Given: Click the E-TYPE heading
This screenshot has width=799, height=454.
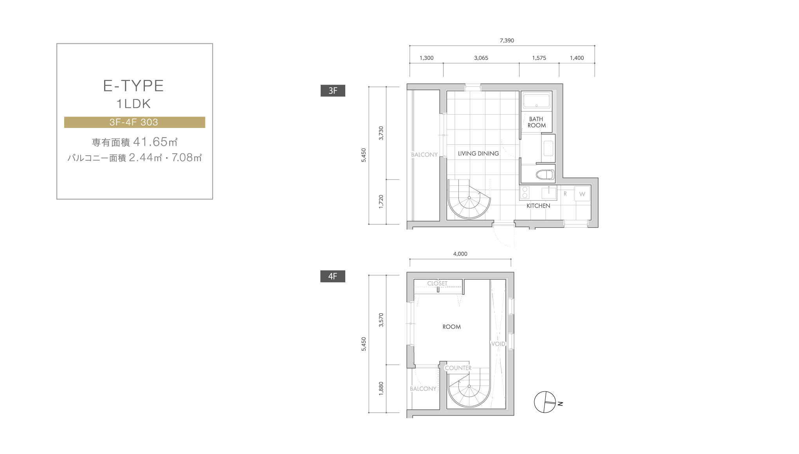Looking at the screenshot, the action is [133, 86].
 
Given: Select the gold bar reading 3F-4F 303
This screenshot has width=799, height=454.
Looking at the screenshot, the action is [135, 122].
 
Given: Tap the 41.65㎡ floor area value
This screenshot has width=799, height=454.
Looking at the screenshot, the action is [155, 142].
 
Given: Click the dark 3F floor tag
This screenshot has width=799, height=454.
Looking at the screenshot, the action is [333, 91].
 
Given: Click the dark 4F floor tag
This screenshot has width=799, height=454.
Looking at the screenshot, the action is [333, 276].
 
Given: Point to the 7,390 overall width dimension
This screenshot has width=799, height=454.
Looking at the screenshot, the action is [507, 40].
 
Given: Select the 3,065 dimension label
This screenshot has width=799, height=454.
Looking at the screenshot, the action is [481, 58].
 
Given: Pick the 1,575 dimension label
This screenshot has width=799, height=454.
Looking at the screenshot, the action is [539, 58].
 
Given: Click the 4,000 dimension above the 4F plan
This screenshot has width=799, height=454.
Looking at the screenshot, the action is [460, 254].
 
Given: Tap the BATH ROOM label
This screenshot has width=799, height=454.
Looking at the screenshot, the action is [536, 122].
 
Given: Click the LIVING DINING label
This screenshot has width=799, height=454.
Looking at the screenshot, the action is [478, 154].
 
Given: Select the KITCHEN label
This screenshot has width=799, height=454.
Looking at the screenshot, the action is [538, 206].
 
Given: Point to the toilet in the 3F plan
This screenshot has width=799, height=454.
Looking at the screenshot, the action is [545, 174].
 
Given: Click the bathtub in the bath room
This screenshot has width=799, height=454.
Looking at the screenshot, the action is [537, 101].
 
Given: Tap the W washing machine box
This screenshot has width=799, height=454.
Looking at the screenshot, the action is [582, 194].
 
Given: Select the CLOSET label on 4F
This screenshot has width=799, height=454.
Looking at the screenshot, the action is [437, 283].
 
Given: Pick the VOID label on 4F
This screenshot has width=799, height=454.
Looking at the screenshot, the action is [498, 344].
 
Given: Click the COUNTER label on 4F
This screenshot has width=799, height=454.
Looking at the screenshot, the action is [458, 368].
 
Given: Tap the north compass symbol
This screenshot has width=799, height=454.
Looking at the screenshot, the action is [545, 402].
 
